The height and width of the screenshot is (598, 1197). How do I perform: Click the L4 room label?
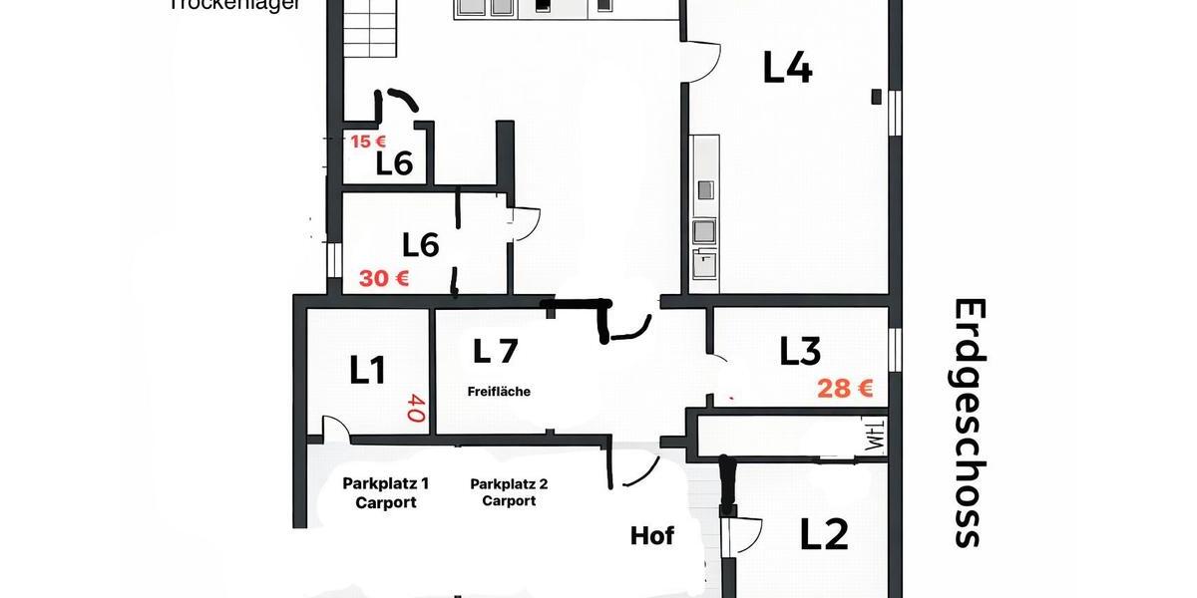pos(788,68)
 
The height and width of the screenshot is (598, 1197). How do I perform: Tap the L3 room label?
pos(800,351)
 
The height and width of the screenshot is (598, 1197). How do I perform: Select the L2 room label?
pos(824,535)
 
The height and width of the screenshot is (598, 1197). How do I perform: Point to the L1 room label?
pos(367,370)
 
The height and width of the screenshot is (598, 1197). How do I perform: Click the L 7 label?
pos(496,351)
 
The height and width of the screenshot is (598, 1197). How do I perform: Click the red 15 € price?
pos(368,142)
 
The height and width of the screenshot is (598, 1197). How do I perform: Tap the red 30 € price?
pos(384,279)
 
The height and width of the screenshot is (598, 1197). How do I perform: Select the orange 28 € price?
pos(845,389)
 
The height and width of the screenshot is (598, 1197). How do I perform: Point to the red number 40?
pos(416,407)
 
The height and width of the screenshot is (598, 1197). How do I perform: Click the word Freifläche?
pos(499,392)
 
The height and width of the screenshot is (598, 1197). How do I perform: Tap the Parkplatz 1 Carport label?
pos(386,492)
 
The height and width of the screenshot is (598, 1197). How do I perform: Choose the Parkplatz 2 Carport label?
pos(509,492)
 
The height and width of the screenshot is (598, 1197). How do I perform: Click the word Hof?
pos(652,536)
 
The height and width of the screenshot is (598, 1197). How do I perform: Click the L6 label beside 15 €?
pos(395,164)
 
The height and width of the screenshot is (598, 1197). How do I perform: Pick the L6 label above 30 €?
pos(421,244)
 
